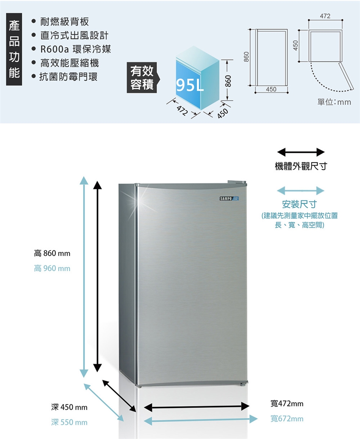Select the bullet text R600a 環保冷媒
[76, 49]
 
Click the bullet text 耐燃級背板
[64, 22]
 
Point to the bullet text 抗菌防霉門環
[69, 76]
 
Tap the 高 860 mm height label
[52, 253]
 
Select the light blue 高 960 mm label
[52, 268]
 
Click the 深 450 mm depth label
[69, 407]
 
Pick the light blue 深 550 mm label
[69, 422]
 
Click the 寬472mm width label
[287, 404]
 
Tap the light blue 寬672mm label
[287, 419]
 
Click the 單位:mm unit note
[334, 102]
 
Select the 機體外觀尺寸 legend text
[301, 166]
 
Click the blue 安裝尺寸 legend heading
[299, 204]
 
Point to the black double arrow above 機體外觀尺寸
[301, 152]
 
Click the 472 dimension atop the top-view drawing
[325, 16]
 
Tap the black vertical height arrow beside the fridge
[97, 277]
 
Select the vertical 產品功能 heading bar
[14, 49]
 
